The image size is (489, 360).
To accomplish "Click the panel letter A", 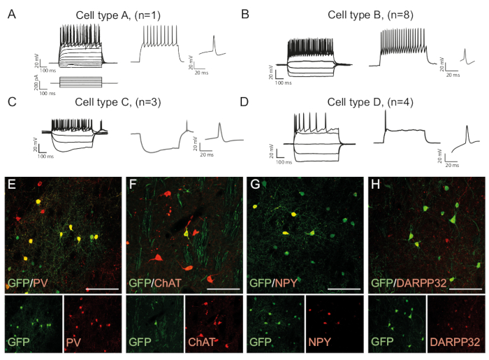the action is coord(12,13).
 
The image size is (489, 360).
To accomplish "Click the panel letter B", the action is coord(245,13).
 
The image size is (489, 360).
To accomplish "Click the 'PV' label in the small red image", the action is coord(73,343).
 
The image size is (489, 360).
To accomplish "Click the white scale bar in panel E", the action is coord(101,287).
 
